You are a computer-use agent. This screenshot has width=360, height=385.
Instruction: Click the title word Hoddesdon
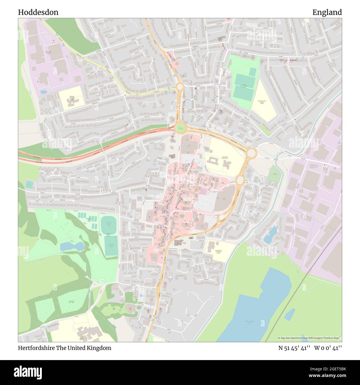[x=38, y=12]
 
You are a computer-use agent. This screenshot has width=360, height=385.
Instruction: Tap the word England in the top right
[x=327, y=12]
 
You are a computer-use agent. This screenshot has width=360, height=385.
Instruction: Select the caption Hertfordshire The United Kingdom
[x=65, y=348]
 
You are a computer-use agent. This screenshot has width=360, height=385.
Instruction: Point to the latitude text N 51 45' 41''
[x=294, y=348]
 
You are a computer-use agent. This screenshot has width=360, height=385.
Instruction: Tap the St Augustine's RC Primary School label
[x=220, y=252]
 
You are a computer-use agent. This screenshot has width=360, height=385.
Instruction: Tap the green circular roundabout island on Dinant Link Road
[x=180, y=128]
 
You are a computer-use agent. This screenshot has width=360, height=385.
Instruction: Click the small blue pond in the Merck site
[x=44, y=92]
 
